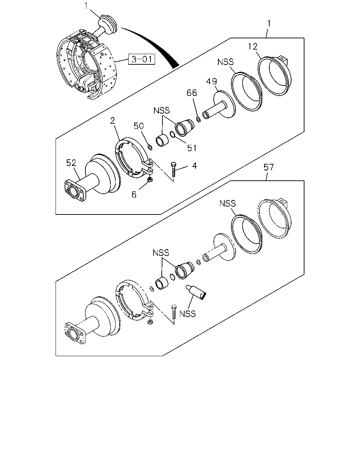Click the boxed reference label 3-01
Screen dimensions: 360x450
tap(142, 59)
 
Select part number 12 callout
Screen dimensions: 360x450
tap(253, 46)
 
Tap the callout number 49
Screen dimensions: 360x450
tap(212, 81)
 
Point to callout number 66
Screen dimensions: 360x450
tap(192, 92)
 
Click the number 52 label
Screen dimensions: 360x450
tap(71, 163)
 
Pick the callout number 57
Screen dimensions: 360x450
tap(268, 167)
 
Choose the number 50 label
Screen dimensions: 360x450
tap(139, 126)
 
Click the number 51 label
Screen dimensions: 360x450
tap(192, 148)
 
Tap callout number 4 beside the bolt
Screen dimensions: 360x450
tap(194, 166)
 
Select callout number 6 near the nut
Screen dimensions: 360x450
tap(134, 194)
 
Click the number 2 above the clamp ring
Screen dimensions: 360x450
tap(112, 121)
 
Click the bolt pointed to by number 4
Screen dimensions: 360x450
tap(173, 169)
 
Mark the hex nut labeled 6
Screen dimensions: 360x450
tap(150, 179)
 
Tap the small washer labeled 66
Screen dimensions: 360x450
tap(199, 120)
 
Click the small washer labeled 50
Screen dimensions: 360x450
tap(150, 147)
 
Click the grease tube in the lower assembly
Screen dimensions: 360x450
tap(196, 292)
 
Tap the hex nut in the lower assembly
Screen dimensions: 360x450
tap(150, 322)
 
